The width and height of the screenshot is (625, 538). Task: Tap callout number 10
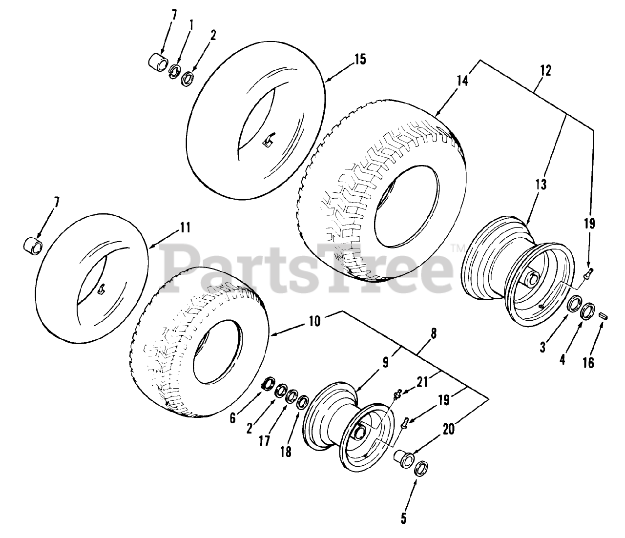(x=315, y=322)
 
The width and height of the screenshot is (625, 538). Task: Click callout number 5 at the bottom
(x=403, y=517)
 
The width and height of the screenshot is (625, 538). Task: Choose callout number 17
(x=264, y=441)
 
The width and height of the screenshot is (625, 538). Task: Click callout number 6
(x=232, y=418)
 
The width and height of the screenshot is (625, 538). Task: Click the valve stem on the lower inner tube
(x=102, y=290)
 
